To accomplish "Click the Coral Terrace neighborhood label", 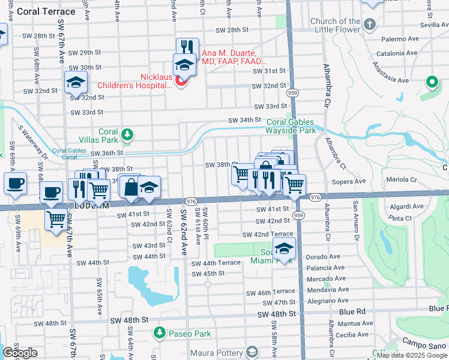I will (47, 11).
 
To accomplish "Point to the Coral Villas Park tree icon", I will (127, 133).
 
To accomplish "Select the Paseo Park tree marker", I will (159, 332).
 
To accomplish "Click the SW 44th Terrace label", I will (215, 263).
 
